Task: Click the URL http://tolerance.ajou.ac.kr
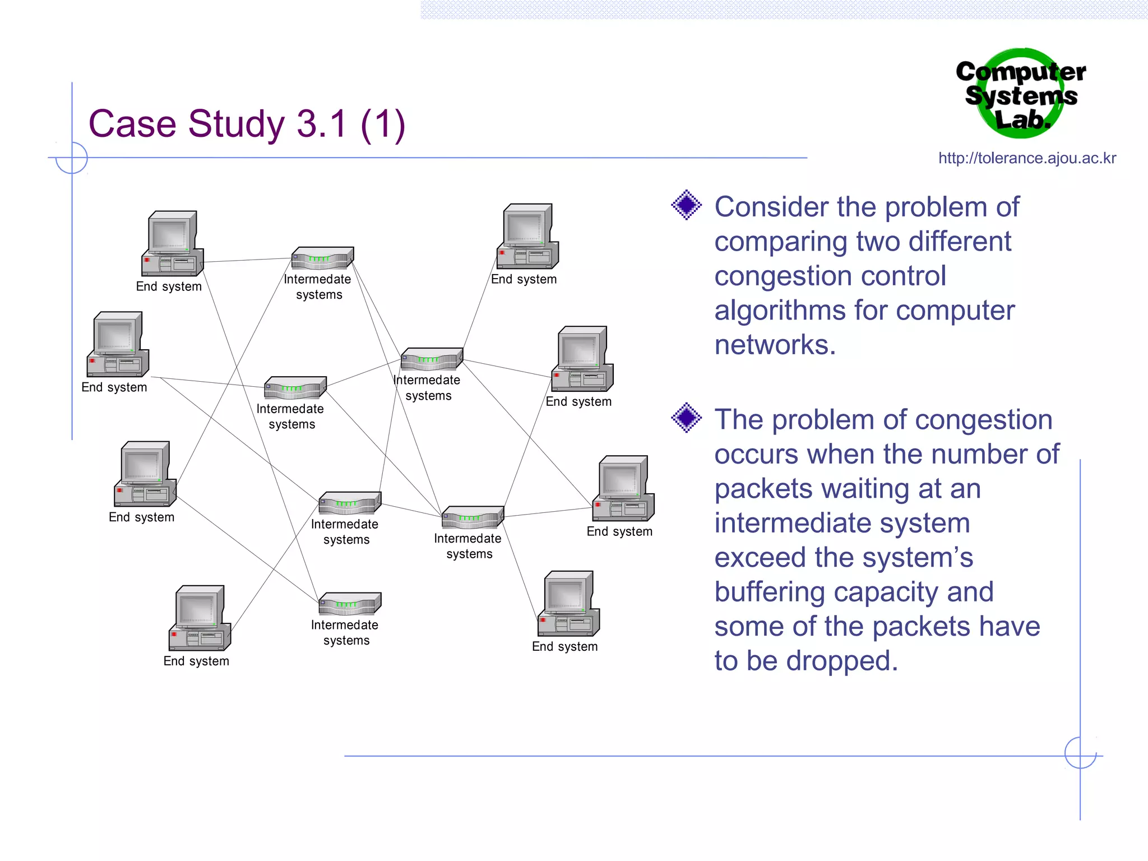1027,158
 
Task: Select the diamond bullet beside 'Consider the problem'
686,205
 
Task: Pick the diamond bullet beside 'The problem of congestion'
686,418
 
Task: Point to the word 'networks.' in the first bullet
775,344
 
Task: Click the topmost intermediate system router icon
322,258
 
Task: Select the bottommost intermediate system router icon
350,604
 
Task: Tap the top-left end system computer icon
172,244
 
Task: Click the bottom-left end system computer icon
200,618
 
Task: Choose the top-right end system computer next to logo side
527,237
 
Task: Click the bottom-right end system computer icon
568,604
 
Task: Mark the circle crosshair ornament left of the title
72,158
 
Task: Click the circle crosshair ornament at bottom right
1080,753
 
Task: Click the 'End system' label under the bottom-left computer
196,661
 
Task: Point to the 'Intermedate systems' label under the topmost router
318,286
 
